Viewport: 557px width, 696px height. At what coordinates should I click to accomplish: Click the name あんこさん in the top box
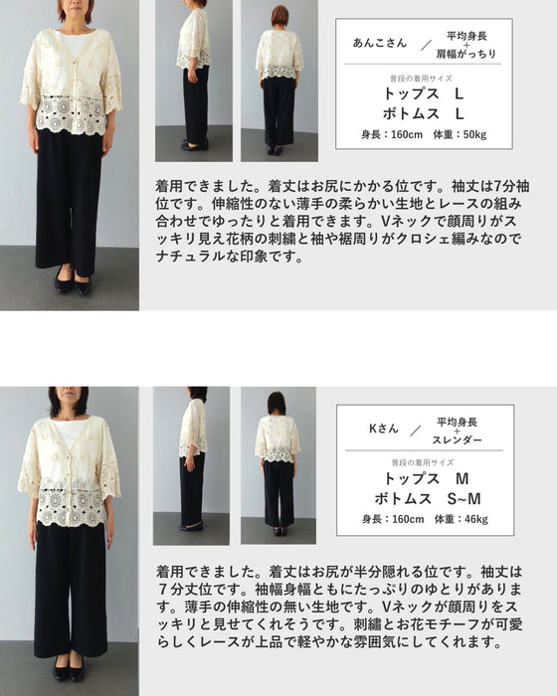[x=380, y=43]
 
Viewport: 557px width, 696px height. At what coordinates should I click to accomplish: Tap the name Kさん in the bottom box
[x=384, y=429]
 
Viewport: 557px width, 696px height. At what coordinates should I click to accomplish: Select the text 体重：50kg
[x=461, y=134]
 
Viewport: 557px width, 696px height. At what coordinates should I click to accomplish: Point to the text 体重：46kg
[x=462, y=519]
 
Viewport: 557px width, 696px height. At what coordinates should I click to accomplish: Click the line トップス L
[x=424, y=94]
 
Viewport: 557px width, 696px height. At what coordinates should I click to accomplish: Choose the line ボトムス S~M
[x=428, y=499]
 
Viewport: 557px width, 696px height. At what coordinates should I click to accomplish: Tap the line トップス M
[x=426, y=478]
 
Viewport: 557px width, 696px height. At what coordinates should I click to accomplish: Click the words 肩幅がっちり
[x=465, y=54]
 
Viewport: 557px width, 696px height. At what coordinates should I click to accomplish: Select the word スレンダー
[x=458, y=439]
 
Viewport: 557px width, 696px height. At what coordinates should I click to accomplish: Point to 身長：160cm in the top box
[x=392, y=134]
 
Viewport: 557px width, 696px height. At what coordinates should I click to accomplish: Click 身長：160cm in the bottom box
[x=393, y=519]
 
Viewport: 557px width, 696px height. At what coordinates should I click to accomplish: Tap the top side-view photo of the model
[x=194, y=81]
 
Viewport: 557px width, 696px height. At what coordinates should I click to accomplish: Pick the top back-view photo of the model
[x=279, y=81]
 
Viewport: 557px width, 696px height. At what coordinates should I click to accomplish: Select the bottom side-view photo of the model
[x=191, y=465]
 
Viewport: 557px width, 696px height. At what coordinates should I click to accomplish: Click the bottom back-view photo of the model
[x=278, y=465]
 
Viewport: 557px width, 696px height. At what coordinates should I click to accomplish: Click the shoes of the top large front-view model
[x=74, y=282]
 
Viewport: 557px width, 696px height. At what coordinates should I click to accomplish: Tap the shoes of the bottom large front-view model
[x=69, y=669]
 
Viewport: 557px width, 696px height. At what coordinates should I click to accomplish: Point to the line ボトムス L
[x=424, y=114]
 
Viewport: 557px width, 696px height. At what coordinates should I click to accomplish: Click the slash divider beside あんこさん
[x=426, y=45]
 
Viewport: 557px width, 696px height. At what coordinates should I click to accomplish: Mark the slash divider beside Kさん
[x=416, y=431]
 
